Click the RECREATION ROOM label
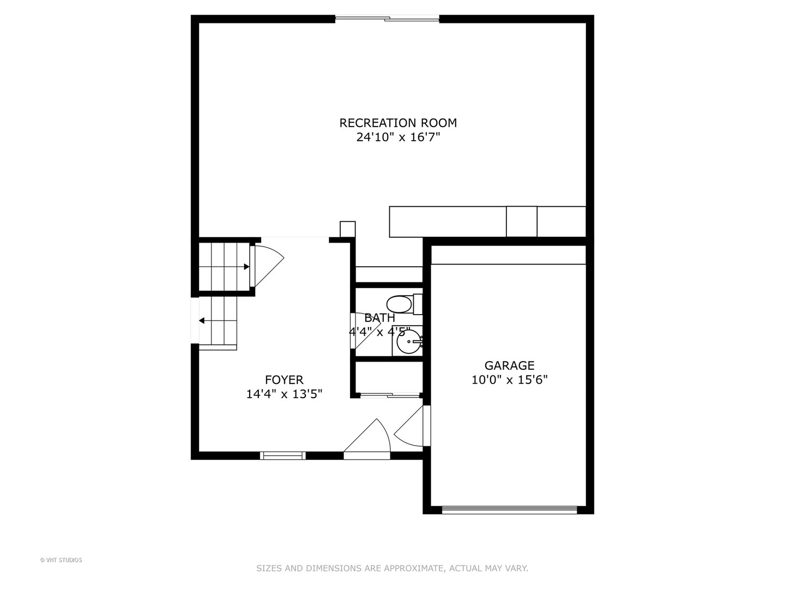point(398,123)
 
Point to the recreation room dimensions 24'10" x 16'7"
point(398,137)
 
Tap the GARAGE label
point(509,365)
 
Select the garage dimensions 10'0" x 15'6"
point(509,380)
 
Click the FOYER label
point(284,380)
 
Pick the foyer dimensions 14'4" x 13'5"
point(284,394)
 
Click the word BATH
point(379,318)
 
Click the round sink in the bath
point(408,342)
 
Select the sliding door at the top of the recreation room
point(387,19)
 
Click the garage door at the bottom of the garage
point(509,510)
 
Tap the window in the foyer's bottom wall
point(282,455)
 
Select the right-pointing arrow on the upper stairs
point(246,267)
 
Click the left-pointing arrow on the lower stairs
point(202,321)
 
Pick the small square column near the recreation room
point(347,229)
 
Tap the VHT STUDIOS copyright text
point(61,560)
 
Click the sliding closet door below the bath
point(389,394)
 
